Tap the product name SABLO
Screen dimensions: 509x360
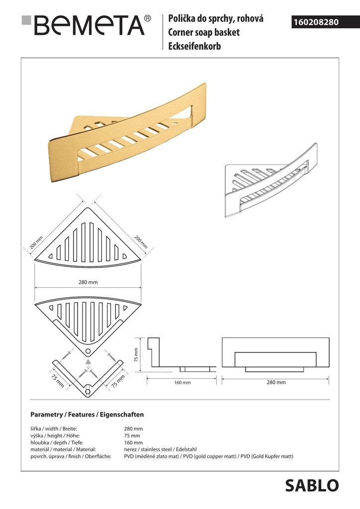pos(312,486)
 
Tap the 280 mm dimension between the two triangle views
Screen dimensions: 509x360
pos(88,282)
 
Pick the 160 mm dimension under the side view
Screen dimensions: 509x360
pos(182,382)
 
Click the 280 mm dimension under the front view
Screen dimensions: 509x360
pos(276,382)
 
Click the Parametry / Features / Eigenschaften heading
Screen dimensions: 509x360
pos(87,414)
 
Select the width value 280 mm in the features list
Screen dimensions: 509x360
pos(133,428)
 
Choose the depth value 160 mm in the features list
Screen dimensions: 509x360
pos(133,442)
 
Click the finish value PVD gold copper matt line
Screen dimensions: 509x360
pos(208,456)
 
